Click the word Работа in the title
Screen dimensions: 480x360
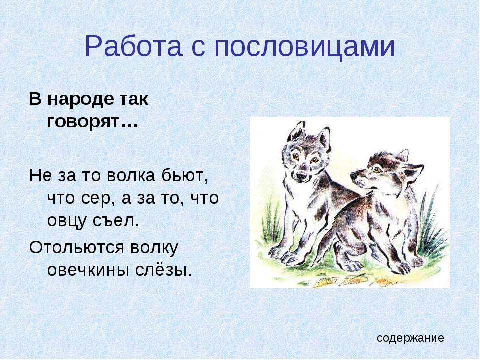133,46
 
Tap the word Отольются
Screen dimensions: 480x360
77,247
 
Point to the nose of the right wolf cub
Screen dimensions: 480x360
354,176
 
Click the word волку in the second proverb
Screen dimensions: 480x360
154,247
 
